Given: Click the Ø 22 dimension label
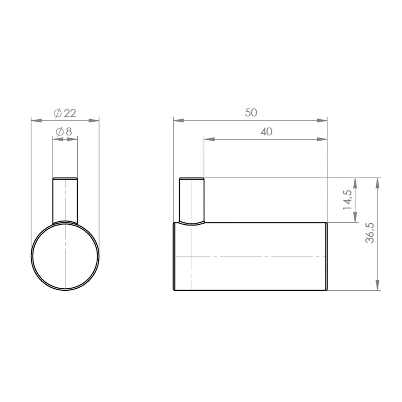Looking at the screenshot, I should [x=65, y=113].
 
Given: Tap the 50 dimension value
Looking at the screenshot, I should [x=251, y=113].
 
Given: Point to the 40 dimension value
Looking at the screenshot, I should [x=266, y=132].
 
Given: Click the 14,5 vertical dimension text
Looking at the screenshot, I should [x=347, y=200].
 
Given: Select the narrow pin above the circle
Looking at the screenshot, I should [x=65, y=200].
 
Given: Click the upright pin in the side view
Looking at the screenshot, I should [x=192, y=200].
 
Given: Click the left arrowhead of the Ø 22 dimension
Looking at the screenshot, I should [x=35, y=120].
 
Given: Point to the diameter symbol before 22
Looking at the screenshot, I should [x=58, y=114].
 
